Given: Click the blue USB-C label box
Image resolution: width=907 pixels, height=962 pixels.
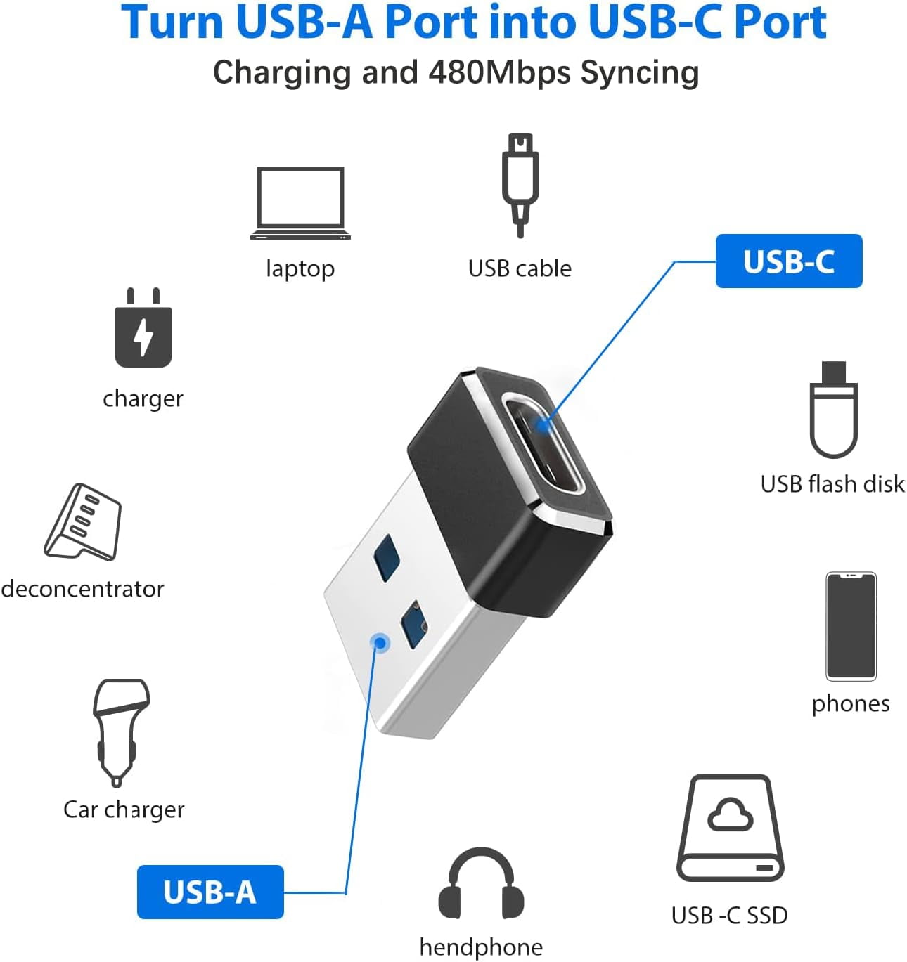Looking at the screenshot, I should pos(788,261).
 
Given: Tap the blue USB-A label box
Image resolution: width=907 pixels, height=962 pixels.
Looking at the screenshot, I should pos(210,892).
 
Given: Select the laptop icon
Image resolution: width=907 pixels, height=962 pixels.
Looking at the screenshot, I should pos(300,203).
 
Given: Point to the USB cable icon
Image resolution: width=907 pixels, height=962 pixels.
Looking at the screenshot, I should pos(520,185).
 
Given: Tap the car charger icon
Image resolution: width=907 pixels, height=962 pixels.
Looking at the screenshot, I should pos(120,731).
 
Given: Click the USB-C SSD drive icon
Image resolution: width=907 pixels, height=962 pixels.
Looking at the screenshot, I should pos(730,829).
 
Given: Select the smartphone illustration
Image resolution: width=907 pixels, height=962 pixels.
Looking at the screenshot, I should pos(851,626).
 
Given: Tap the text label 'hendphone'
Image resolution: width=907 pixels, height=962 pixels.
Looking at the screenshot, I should pos(481,947).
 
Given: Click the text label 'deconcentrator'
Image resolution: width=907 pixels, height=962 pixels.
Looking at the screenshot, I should pos(83,588).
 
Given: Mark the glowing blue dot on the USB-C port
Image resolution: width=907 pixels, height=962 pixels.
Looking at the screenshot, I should pos(543,424).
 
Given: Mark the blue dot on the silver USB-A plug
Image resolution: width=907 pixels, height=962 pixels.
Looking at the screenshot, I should pos(380,642).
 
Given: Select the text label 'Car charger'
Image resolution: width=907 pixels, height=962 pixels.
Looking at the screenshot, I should pos(124,810).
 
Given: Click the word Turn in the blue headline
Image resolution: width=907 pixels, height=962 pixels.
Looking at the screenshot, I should pos(173,22).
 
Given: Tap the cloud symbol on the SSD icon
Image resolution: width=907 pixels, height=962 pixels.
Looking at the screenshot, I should pos(730,815).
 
